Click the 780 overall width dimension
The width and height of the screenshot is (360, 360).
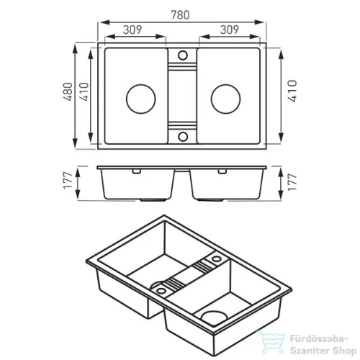coord(180,15)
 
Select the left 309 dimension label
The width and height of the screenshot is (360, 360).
coord(132,30)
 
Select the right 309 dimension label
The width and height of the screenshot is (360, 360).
coord(230,30)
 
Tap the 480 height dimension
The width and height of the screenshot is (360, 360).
coord(68,91)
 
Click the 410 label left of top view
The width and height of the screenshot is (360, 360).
coord(84,91)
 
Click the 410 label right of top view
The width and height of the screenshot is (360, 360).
coord(292,91)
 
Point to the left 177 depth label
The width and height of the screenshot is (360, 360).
coord(68,181)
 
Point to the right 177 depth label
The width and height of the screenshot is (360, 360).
coord(292,182)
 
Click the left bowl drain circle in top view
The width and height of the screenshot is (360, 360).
coord(141,99)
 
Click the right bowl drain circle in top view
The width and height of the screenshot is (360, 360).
coord(225,99)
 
